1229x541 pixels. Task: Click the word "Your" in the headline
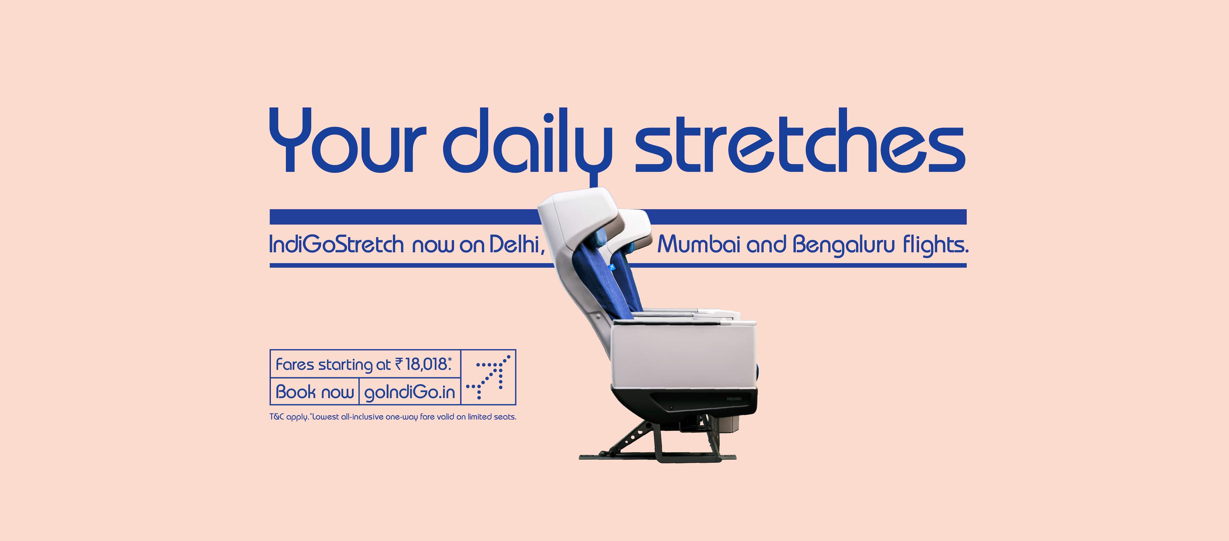pos(347,140)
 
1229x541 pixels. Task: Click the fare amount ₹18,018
pos(423,365)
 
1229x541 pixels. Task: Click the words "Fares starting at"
pos(333,365)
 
